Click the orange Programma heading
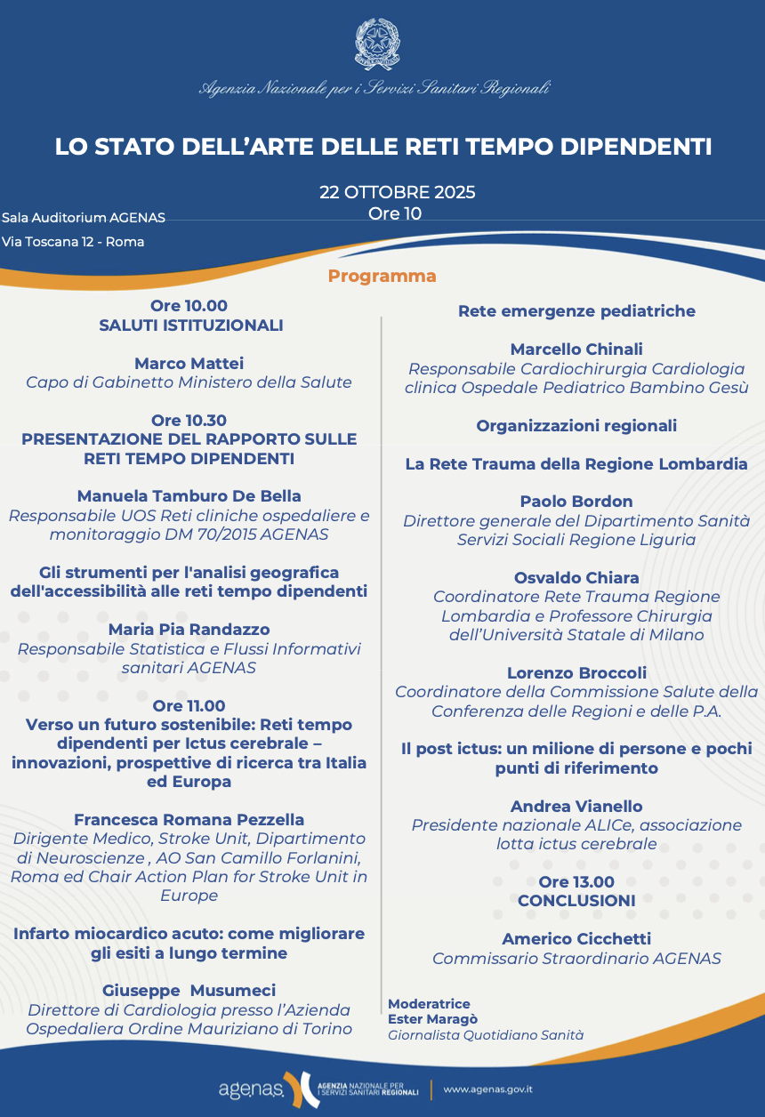pos(382,276)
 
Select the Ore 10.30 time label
pos(189,420)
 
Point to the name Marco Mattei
pos(189,363)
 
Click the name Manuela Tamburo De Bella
pos(189,495)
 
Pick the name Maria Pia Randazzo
pos(189,630)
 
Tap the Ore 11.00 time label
pos(189,706)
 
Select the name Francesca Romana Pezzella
pos(189,819)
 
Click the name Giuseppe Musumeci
pos(189,990)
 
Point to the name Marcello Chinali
pos(576,350)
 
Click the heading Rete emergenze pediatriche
pos(576,311)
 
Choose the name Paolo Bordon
pos(576,502)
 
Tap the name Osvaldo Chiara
pos(576,578)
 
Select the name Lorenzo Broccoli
pos(576,672)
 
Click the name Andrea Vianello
pos(576,806)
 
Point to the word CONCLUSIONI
pos(576,901)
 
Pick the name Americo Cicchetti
pos(576,938)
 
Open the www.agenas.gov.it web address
pos(487,1089)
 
